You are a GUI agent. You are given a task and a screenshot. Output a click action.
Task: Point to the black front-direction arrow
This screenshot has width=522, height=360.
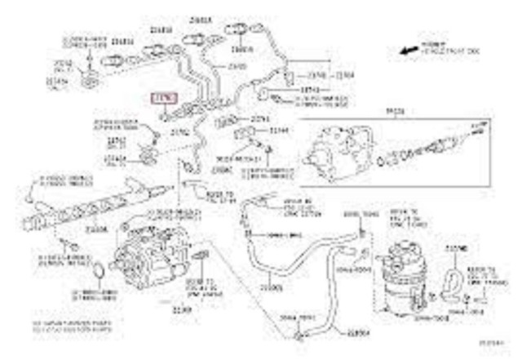click(x=407, y=51)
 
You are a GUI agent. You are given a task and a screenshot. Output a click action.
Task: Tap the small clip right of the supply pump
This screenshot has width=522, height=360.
click(x=204, y=260)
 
